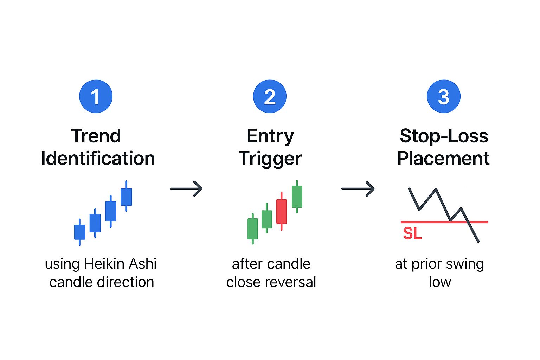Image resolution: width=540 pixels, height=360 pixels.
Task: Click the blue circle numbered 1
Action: (x=96, y=96)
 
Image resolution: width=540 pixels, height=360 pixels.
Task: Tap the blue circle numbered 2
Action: (x=270, y=96)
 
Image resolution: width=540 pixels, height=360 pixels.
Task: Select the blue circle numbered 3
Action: (x=444, y=96)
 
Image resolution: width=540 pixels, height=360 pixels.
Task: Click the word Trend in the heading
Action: (x=96, y=136)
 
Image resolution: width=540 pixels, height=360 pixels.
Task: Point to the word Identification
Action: (x=98, y=159)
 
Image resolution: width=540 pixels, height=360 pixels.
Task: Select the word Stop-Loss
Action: (x=444, y=136)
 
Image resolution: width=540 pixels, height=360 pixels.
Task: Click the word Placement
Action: (x=443, y=159)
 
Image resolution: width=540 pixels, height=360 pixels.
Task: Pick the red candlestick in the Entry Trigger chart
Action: (x=281, y=211)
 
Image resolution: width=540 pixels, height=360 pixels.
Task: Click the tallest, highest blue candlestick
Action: (x=126, y=196)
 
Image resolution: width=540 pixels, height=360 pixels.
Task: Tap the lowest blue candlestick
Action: (x=79, y=232)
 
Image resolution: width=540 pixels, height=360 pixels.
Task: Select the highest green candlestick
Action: (x=297, y=197)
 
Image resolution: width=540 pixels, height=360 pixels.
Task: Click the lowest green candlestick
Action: (x=253, y=229)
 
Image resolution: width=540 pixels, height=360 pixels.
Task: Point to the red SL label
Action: (x=412, y=233)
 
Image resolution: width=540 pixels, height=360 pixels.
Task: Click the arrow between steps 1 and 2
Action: (x=186, y=188)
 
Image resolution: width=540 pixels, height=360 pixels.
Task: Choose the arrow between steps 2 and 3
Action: (x=358, y=188)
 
